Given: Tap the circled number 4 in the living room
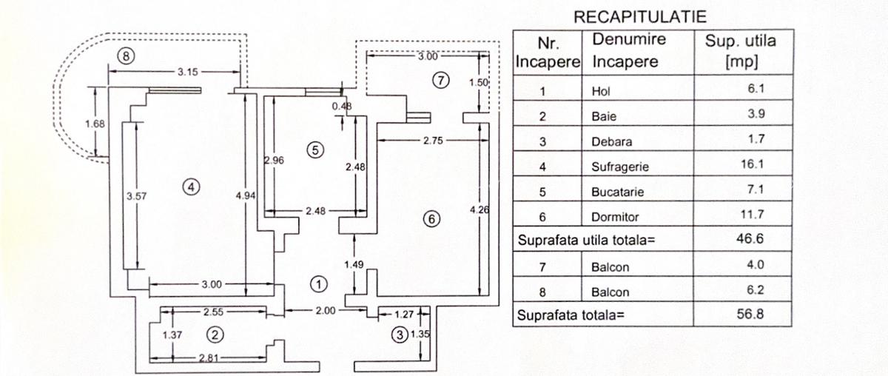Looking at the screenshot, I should point(192,187).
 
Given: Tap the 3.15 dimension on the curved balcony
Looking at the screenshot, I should point(187,72).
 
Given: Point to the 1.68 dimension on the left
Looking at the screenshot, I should point(95,124).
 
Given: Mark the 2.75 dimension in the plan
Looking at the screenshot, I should point(433,139).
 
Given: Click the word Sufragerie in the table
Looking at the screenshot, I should point(618,167).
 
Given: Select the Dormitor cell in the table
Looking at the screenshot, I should point(615,218).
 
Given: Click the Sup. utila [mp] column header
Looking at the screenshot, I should point(741,50).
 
